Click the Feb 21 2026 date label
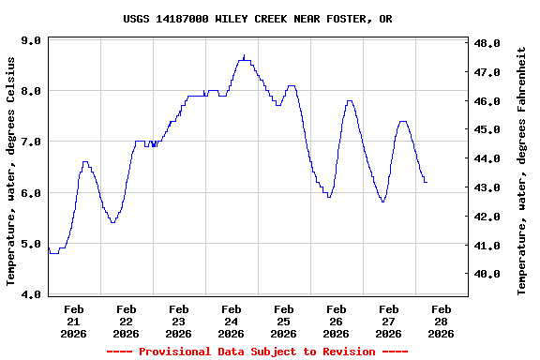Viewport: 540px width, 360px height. coord(73,321)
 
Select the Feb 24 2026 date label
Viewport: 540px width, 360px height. coord(231,321)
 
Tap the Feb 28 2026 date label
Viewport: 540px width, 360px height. coord(441,321)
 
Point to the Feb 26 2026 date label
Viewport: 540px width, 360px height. coord(336,321)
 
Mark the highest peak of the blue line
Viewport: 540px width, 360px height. coord(244,56)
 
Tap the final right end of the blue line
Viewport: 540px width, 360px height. coord(426,182)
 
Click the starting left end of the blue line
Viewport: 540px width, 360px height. coord(49,248)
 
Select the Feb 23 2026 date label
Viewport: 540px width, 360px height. coord(178,321)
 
